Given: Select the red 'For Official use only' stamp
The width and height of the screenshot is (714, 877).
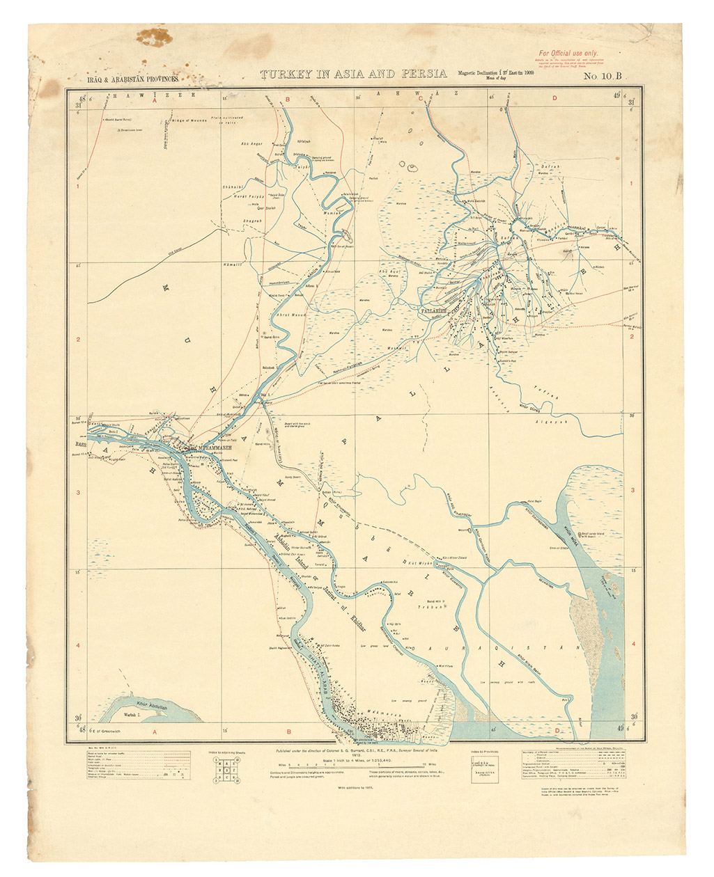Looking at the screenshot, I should pyautogui.click(x=568, y=53).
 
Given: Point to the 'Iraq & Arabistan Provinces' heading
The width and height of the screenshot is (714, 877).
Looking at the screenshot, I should pyautogui.click(x=132, y=80).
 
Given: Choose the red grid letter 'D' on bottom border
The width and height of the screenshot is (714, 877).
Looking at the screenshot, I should pyautogui.click(x=558, y=731).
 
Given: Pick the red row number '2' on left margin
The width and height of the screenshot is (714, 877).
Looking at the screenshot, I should pyautogui.click(x=78, y=340).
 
